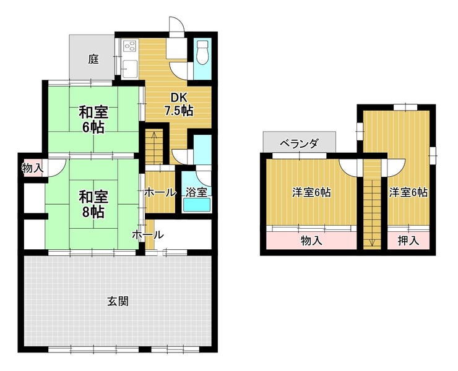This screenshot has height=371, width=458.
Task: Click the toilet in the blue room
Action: click(202, 53)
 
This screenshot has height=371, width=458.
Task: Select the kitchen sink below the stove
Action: click(129, 69)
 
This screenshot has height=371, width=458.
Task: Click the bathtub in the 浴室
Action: click(196, 204)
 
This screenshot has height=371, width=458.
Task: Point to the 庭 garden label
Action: click(93, 59)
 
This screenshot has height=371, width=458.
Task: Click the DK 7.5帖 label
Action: click(178, 104)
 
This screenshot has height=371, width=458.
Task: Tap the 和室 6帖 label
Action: click(93, 120)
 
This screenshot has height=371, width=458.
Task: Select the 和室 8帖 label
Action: click(93, 204)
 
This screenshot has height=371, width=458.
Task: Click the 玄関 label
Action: click(118, 301)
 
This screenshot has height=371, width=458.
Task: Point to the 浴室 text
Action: click(197, 192)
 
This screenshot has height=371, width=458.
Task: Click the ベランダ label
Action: click(300, 143)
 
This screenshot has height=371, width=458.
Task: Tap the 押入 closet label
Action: click(408, 241)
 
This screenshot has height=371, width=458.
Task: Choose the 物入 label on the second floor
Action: click(311, 241)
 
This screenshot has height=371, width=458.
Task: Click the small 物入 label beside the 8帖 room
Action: click(33, 168)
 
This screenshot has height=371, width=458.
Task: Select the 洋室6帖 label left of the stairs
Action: click(312, 193)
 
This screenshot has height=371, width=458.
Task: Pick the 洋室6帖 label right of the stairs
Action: click(408, 193)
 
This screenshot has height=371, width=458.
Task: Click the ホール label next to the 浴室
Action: click(160, 193)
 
